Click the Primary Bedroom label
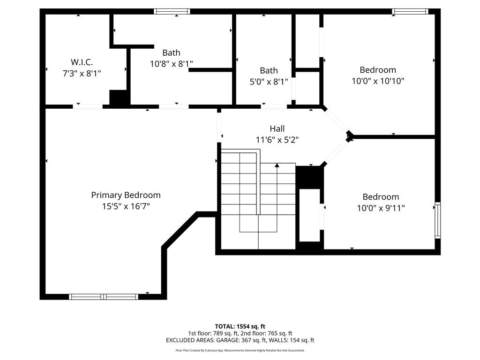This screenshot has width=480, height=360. (x=126, y=195)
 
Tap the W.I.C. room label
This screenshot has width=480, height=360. (x=82, y=62)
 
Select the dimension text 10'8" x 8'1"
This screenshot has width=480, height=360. (x=171, y=64)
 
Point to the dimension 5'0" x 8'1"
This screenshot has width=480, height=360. (x=269, y=81)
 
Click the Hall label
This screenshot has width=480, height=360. (x=277, y=128)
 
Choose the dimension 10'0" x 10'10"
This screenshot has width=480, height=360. (x=378, y=81)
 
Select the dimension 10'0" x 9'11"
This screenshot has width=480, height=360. (x=381, y=208)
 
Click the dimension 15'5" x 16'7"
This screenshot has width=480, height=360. (x=126, y=206)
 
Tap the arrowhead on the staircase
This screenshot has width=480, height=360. (x=277, y=165)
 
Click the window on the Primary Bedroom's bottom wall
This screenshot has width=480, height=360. (x=103, y=296)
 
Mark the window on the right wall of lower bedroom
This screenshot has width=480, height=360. (x=437, y=220)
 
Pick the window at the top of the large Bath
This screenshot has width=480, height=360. (x=172, y=12)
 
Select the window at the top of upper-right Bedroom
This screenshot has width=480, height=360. (x=410, y=12)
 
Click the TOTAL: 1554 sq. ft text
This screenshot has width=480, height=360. (x=240, y=326)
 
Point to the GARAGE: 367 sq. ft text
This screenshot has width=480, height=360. (x=251, y=340)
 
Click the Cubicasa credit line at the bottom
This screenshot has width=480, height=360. (x=240, y=350)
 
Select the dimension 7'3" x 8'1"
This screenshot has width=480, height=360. (x=82, y=73)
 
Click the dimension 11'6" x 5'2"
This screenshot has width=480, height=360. (x=277, y=139)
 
